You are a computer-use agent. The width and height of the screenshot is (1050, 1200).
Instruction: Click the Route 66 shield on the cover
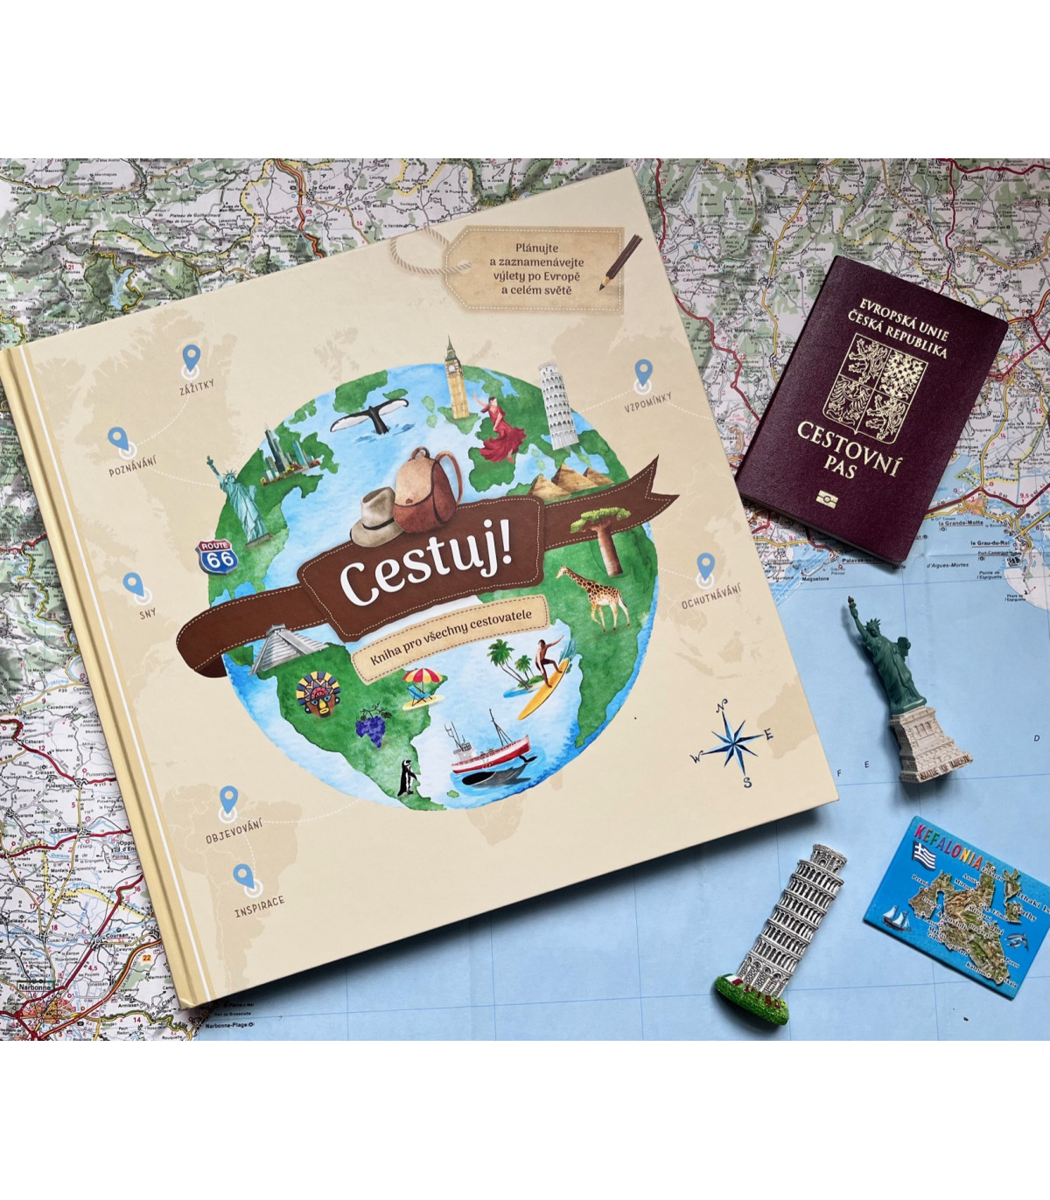coord(215,557)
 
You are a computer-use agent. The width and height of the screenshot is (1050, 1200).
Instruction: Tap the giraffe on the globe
coord(594,596)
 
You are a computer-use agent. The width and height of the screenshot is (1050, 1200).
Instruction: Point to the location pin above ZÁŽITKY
coord(191,358)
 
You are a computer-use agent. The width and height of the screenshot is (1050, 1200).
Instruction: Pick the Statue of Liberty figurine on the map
coord(902,692)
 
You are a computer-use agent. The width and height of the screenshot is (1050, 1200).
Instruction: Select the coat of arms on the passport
coord(875,386)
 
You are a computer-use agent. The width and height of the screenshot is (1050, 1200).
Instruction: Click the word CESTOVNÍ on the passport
coord(848,448)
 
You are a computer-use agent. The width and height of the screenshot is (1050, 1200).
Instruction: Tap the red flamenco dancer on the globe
coord(501,429)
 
